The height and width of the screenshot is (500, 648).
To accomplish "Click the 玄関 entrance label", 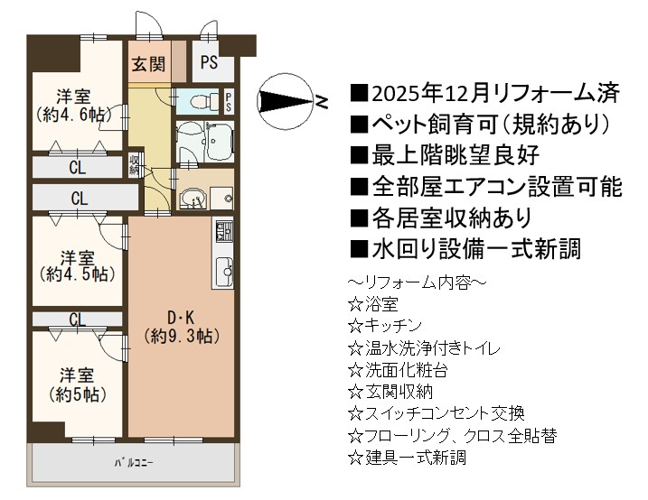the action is [148, 64].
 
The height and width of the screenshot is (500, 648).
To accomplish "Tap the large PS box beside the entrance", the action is [209, 62].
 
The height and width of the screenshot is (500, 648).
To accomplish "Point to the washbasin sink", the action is [191, 198].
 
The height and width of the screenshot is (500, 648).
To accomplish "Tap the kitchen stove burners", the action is [222, 231].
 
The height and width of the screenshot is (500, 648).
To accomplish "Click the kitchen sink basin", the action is [223, 271].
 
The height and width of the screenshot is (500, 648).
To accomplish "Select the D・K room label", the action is [181, 318].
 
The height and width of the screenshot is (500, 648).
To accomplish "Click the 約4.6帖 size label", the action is [73, 115].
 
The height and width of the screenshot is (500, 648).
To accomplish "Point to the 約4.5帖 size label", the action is [78, 274].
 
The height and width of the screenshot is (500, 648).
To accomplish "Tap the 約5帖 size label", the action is [78, 394].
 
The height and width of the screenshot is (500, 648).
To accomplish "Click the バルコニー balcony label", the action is [134, 463].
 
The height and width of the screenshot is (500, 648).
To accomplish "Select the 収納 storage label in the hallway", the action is [134, 164].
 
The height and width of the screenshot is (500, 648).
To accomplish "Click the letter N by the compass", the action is [322, 101].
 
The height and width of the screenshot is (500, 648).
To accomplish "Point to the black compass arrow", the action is [285, 101].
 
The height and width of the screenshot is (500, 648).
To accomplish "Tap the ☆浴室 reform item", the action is [373, 304].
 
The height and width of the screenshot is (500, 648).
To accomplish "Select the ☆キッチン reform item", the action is [385, 327].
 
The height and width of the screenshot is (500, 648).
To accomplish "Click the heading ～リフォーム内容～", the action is [417, 282].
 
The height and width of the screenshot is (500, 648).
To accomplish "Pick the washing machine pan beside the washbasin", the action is [222, 198].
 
